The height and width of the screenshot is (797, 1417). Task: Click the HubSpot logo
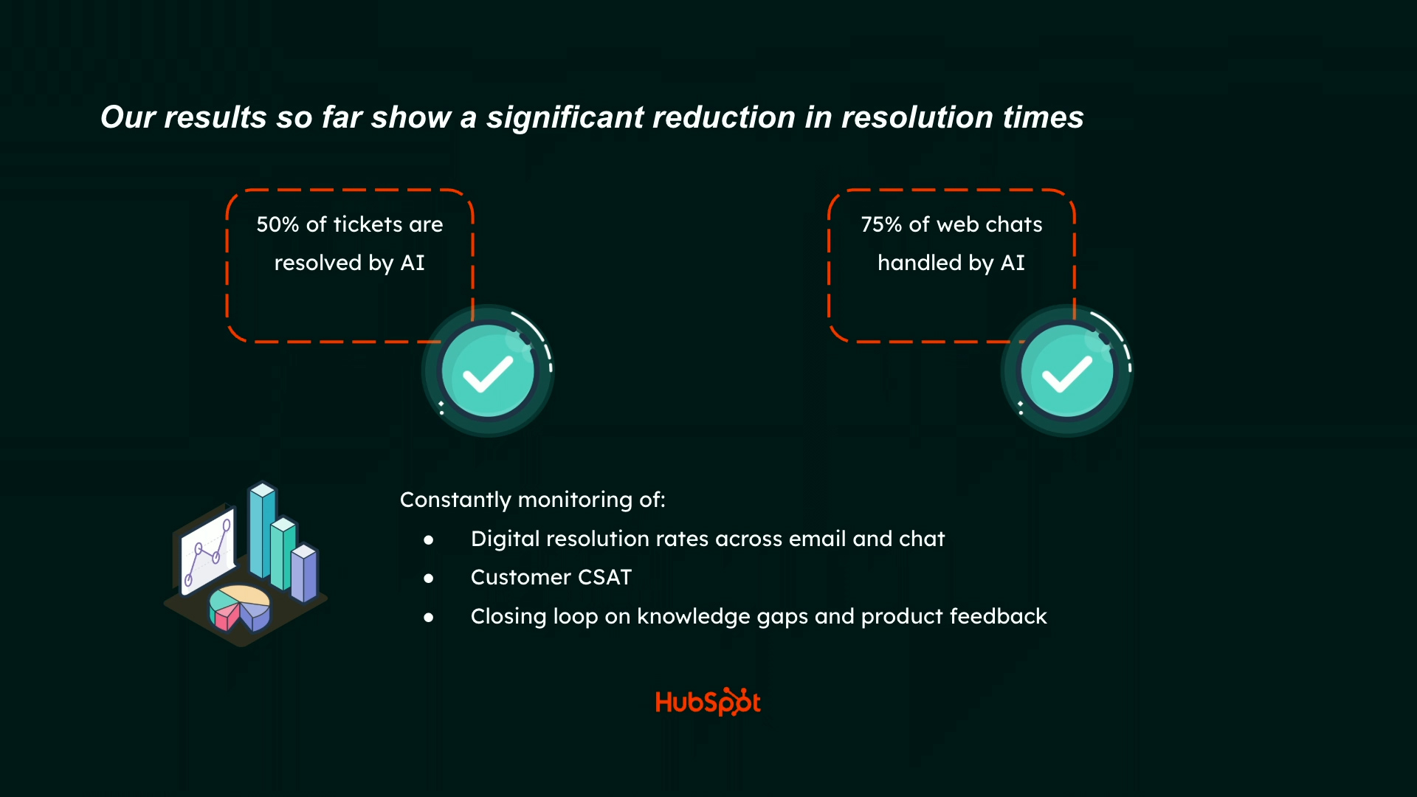coord(708,702)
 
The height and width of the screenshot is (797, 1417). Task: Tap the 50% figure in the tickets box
coord(277,224)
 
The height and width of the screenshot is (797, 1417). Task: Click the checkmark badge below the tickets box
coord(488,371)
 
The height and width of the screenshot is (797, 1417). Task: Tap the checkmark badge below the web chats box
coord(1067,371)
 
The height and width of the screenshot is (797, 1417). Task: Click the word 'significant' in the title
coord(565,117)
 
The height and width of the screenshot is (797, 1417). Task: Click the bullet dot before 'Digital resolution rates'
coord(429,540)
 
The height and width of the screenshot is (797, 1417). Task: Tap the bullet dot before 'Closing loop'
coord(429,618)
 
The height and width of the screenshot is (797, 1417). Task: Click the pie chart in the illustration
coord(240,607)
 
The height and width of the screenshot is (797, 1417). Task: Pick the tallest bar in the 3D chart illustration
coord(262,529)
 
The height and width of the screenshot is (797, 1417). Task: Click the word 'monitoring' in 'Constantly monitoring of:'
coord(575,500)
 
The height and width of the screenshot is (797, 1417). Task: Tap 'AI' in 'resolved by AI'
coord(413,263)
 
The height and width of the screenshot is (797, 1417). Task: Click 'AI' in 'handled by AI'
coord(1013,263)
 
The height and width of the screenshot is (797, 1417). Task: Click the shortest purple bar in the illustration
coord(304,573)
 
